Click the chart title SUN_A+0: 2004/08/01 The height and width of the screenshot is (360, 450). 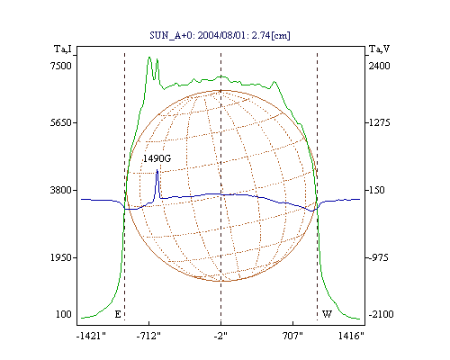(196, 35)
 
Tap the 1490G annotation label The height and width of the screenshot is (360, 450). (157, 158)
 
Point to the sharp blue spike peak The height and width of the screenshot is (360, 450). (157, 170)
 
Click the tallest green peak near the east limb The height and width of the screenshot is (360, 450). (149, 57)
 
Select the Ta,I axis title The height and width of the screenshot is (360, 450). (63, 49)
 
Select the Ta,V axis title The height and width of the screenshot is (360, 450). (379, 49)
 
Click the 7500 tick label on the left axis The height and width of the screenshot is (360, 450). (61, 66)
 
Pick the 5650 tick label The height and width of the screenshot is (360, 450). (61, 122)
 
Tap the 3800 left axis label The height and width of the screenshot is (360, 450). (61, 190)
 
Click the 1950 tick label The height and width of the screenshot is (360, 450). (61, 257)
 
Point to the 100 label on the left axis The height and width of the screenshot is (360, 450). (64, 314)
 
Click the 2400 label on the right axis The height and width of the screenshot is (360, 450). (380, 66)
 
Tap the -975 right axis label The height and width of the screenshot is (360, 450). (379, 257)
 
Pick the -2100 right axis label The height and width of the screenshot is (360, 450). (382, 314)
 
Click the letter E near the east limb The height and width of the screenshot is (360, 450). (118, 314)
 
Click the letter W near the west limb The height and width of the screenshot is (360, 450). (327, 314)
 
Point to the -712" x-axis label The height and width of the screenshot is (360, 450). (148, 336)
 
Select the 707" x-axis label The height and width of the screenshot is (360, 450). (292, 336)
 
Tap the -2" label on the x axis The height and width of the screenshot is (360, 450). (220, 336)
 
